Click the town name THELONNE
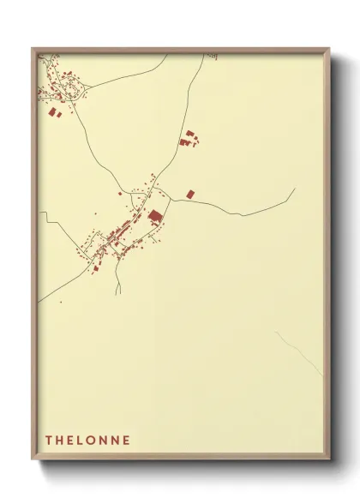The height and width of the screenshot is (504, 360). tap(88, 441)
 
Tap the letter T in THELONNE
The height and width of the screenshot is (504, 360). tap(49, 441)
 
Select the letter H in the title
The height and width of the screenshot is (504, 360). tap(60, 441)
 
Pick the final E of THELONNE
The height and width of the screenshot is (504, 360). tap(127, 441)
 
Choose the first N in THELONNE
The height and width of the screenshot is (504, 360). tap(105, 441)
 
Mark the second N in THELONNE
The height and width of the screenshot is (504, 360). tap(116, 441)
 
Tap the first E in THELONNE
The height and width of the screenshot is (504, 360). tap(71, 441)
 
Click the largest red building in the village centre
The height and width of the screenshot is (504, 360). tap(155, 216)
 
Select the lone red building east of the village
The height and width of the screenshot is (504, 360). tap(189, 195)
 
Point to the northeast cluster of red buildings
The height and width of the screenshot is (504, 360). tap(188, 139)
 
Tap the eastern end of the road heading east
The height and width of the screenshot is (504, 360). tap(294, 189)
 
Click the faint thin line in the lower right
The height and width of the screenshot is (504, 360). tap(300, 353)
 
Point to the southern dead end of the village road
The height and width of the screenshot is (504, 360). tap(117, 294)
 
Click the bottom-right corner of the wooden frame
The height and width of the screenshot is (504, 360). tap(330, 461)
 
